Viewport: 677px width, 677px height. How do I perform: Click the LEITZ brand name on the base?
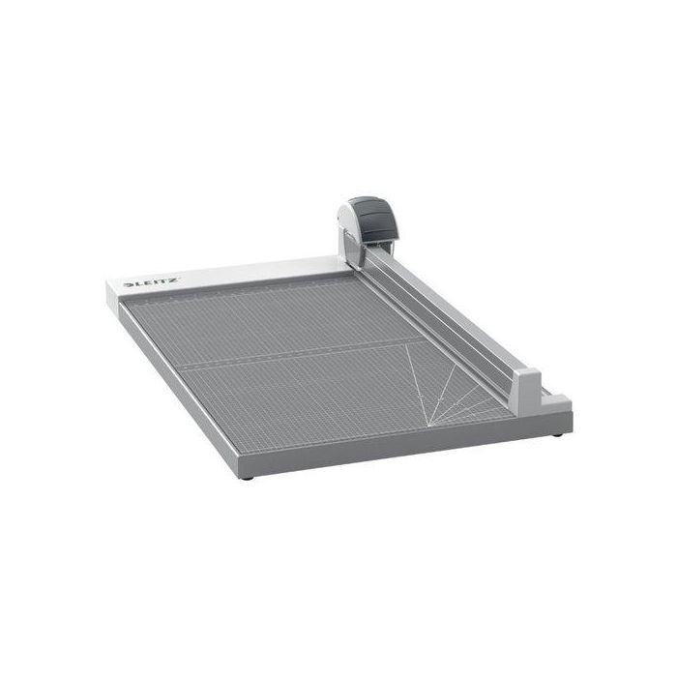coord(153,282)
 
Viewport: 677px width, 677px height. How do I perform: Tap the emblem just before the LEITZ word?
coord(129,285)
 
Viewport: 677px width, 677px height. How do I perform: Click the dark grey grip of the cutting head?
coord(375,221)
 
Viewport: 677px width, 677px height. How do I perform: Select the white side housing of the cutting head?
coord(349,235)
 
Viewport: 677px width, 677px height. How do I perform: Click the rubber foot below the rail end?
coord(557,434)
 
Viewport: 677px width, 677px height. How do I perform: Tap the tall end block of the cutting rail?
coord(528,392)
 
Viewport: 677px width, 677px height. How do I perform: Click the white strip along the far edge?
coord(229,277)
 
